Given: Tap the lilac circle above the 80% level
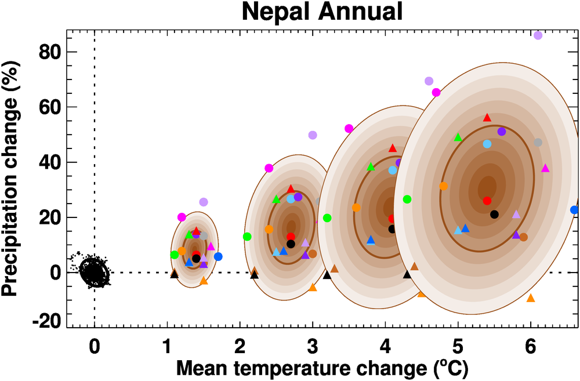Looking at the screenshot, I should (x=538, y=35).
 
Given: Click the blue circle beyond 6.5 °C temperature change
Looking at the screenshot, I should (x=574, y=210).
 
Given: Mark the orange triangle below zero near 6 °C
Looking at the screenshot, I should (x=530, y=298).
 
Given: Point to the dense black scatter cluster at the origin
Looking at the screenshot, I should (x=93, y=271).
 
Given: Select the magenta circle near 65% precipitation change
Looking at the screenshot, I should (x=436, y=93).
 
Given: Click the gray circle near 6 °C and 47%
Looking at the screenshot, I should (x=538, y=143).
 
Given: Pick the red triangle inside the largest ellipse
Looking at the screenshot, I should (x=487, y=118).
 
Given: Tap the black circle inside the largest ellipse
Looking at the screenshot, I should (x=494, y=215).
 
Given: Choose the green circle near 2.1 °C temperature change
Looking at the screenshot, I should (x=247, y=237).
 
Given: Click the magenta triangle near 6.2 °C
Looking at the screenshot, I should (x=545, y=168).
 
